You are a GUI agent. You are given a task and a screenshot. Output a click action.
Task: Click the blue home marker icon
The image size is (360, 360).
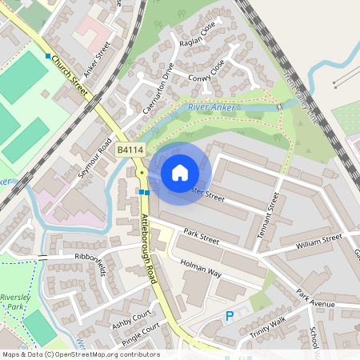[179, 173]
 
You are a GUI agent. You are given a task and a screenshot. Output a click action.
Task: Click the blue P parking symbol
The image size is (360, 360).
[230, 317]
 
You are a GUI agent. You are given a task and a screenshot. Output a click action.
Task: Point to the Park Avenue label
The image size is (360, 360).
[318, 298]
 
